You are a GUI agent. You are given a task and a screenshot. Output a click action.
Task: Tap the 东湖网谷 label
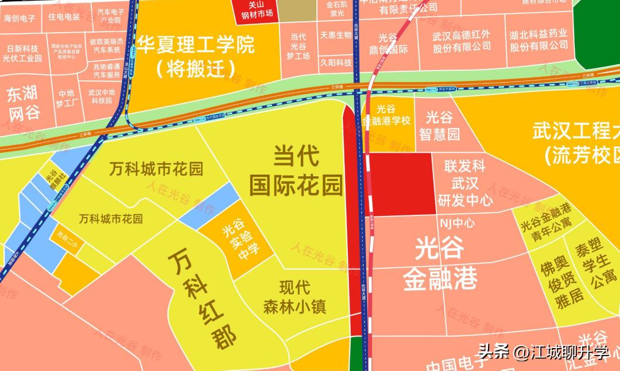pyautogui.click(x=24, y=103)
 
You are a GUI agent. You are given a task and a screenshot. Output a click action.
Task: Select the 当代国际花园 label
pyautogui.click(x=296, y=170)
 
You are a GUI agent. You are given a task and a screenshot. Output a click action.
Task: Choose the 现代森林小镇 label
pyautogui.click(x=294, y=296)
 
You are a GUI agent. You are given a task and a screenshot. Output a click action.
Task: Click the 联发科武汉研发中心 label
pyautogui.click(x=465, y=183)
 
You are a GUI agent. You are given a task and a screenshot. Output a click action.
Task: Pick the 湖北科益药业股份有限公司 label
pyautogui.click(x=538, y=40)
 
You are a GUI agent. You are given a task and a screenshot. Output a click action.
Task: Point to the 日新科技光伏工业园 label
pyautogui.click(x=22, y=53)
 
